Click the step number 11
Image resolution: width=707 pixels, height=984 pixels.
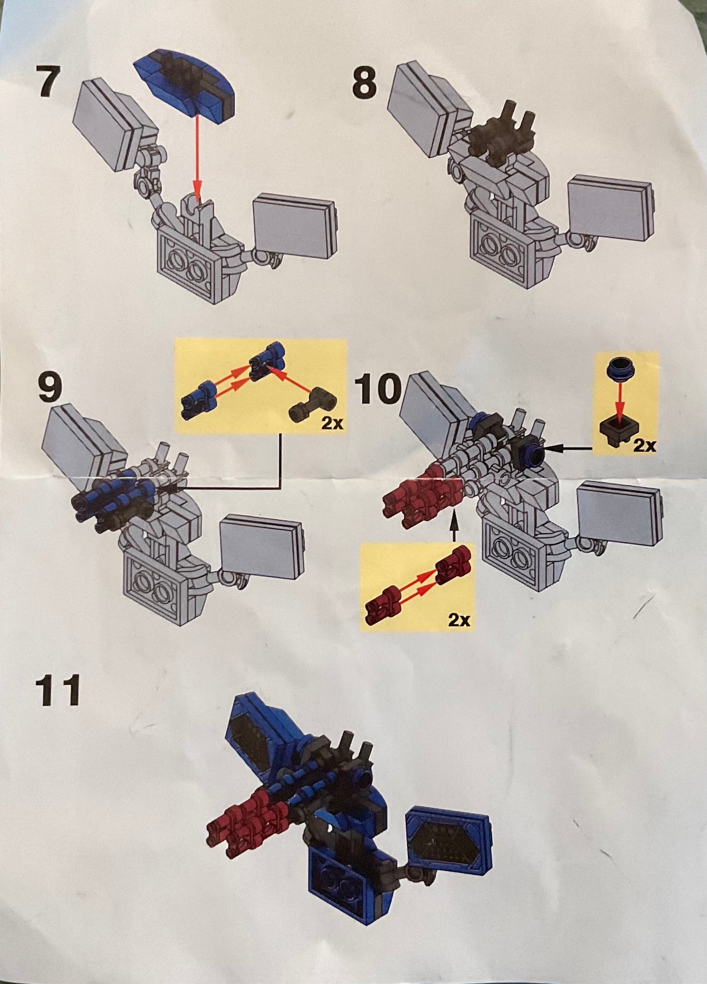[x=59, y=690]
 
